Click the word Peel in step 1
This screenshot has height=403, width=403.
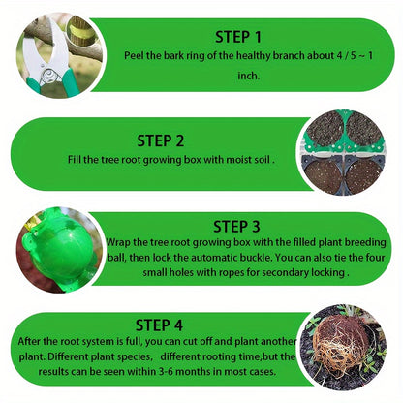pos(135,57)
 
